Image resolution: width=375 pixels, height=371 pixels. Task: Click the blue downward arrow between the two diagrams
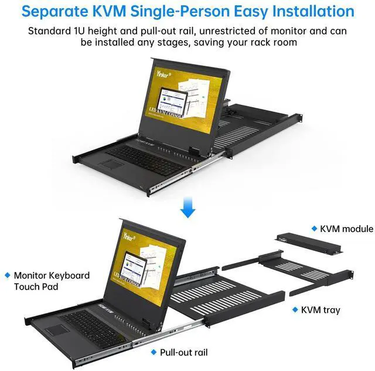[x=187, y=207]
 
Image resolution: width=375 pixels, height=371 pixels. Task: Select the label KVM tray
[x=321, y=309]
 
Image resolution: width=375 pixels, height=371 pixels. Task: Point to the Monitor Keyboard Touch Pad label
[x=52, y=281]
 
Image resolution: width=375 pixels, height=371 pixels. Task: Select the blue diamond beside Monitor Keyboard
[x=7, y=275]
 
